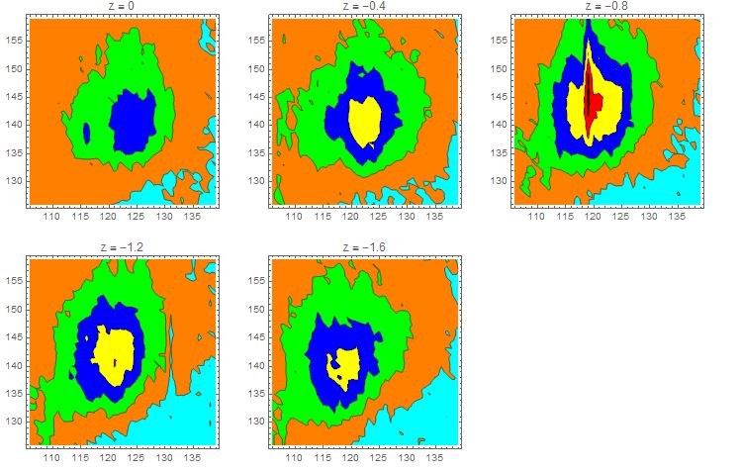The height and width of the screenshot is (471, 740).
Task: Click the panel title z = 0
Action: pyautogui.click(x=122, y=6)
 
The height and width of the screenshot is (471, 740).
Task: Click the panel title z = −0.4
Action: pyautogui.click(x=364, y=6)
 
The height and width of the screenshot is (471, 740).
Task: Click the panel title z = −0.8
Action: pyautogui.click(x=608, y=6)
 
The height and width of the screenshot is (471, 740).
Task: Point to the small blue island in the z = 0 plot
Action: pyautogui.click(x=87, y=132)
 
